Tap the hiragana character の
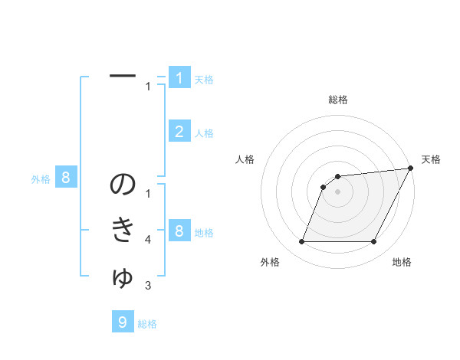(x=123, y=185)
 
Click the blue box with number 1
(x=179, y=77)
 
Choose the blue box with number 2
(x=179, y=131)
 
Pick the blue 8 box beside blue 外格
(x=67, y=178)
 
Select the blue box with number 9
(x=123, y=322)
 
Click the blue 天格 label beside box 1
(x=204, y=79)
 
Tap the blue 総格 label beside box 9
(x=147, y=324)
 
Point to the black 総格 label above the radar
(x=337, y=100)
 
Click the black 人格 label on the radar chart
(x=245, y=159)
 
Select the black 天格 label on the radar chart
(x=431, y=159)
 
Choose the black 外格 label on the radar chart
(x=270, y=262)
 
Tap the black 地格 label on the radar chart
(x=402, y=262)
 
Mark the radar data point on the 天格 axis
(x=410, y=169)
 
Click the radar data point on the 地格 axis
(x=373, y=242)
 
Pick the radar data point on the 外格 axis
(x=301, y=242)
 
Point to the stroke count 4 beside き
(x=148, y=240)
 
